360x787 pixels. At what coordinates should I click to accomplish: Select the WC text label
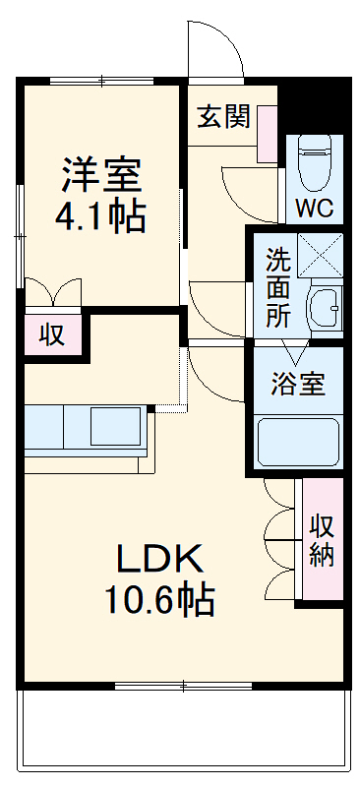point(314,209)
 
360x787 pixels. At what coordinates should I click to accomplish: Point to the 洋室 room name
point(102,175)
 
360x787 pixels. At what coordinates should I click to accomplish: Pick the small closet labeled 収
point(52,335)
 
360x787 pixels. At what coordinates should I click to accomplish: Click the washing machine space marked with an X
point(320,254)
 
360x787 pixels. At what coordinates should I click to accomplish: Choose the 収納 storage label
point(322,540)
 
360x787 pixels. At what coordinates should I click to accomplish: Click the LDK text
point(160,559)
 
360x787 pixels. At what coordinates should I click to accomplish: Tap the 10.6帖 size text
point(161,599)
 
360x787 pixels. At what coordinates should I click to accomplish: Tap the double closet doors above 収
point(52,292)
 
